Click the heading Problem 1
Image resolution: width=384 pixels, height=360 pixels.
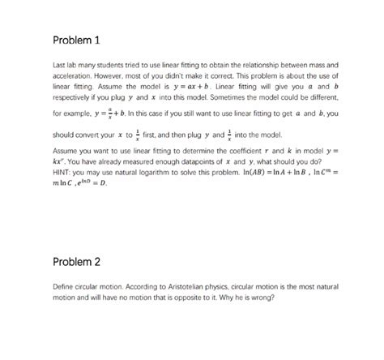coord(76,41)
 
